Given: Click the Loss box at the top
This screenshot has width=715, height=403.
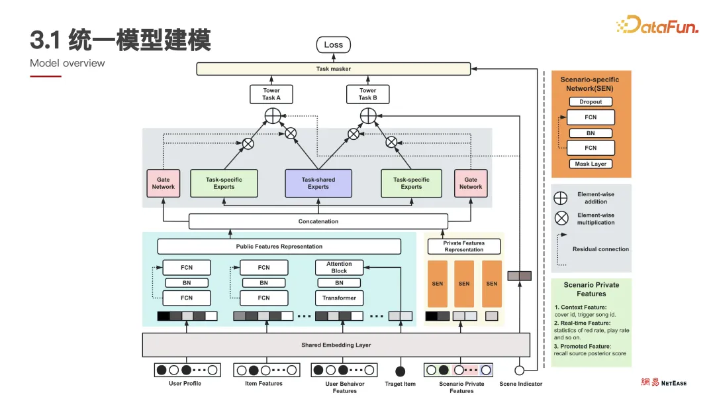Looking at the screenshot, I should tap(334, 45).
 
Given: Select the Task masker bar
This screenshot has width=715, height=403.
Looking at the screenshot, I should tap(333, 69).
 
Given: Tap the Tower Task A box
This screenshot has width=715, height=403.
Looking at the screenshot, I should tap(271, 94).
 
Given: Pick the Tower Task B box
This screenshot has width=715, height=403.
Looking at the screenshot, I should tap(367, 94).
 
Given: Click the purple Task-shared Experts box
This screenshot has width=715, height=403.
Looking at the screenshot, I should tap(318, 184).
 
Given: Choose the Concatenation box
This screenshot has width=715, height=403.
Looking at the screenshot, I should tap(318, 221).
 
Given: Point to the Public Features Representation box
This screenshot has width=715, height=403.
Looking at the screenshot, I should tap(279, 247).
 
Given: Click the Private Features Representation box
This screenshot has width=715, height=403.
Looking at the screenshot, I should tap(463, 247).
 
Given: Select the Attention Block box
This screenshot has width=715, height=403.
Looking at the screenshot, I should tap(339, 267).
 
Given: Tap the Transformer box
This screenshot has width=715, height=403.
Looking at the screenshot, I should tap(339, 298).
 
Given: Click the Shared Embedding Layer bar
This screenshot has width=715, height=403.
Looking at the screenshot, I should tap(336, 345).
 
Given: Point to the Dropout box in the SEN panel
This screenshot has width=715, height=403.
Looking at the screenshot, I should tap(591, 102).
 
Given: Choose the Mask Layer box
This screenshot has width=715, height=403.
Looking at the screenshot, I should tap(591, 164).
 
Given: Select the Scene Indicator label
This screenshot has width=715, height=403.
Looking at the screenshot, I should tap(520, 384).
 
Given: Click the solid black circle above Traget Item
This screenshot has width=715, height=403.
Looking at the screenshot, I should tap(400, 371).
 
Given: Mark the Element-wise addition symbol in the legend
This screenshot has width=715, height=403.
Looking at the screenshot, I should tap(561, 198).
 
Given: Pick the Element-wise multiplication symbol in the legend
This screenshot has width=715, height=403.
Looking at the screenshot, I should tap(561, 218).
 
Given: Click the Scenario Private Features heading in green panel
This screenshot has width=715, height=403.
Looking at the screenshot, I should tap(591, 289).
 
